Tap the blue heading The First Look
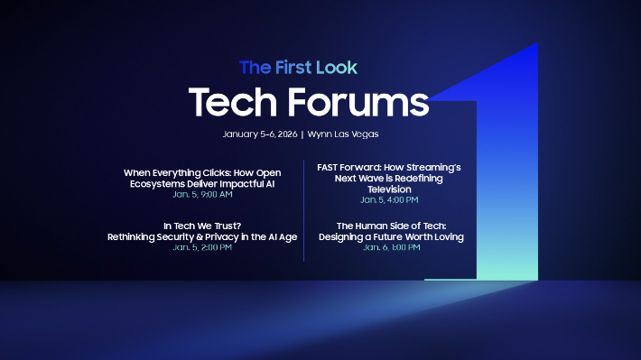[x=298, y=68]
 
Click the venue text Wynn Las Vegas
[x=343, y=134]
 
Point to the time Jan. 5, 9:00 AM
[x=202, y=194]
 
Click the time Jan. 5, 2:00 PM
[x=202, y=247]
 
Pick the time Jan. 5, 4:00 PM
[x=391, y=199]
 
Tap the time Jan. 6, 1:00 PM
[x=391, y=247]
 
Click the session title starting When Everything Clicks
[x=202, y=171]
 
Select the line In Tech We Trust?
[x=202, y=226]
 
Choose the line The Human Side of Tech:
[x=391, y=226]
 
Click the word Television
[x=391, y=189]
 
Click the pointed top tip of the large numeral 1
[x=536, y=45]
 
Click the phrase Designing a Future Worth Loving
[x=391, y=236]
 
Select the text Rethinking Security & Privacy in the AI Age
[x=202, y=236]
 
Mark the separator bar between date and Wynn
[x=302, y=134]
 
